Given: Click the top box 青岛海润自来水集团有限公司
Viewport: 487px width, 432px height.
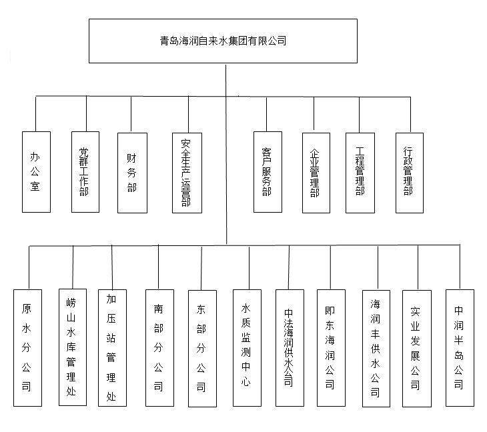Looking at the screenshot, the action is [x=223, y=41].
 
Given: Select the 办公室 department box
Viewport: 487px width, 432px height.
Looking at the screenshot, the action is [x=36, y=172].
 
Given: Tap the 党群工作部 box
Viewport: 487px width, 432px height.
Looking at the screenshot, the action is [x=85, y=172].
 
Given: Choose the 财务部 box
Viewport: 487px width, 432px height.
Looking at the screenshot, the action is [x=132, y=173].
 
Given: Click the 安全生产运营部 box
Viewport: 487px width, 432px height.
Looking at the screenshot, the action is [x=187, y=173].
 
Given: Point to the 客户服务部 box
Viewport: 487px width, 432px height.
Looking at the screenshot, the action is [x=268, y=172].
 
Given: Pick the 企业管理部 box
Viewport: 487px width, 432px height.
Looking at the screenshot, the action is [x=316, y=173].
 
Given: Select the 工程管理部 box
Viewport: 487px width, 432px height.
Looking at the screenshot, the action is [x=360, y=173].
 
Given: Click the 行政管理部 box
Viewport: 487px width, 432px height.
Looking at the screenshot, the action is [x=410, y=173].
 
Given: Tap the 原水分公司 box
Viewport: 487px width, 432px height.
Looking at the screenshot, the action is [x=27, y=348].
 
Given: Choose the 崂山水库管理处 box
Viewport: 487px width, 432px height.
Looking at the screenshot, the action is [x=73, y=347].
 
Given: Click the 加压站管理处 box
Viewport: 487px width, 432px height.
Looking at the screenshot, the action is [x=113, y=348].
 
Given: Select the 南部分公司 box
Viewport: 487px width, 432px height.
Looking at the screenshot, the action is [x=159, y=348].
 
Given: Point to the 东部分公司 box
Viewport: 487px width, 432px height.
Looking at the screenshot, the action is [x=203, y=349].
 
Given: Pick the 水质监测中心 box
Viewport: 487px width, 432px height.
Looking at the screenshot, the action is [x=248, y=348].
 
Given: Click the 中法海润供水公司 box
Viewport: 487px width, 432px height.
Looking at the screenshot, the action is [x=290, y=348].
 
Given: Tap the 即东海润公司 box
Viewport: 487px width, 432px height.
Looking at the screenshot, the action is [x=331, y=348].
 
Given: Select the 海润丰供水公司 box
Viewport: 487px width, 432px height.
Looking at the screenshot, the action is [x=376, y=349].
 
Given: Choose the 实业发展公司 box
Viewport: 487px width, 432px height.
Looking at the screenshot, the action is [x=417, y=349].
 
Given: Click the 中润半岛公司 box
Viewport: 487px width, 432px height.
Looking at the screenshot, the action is [x=460, y=348].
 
